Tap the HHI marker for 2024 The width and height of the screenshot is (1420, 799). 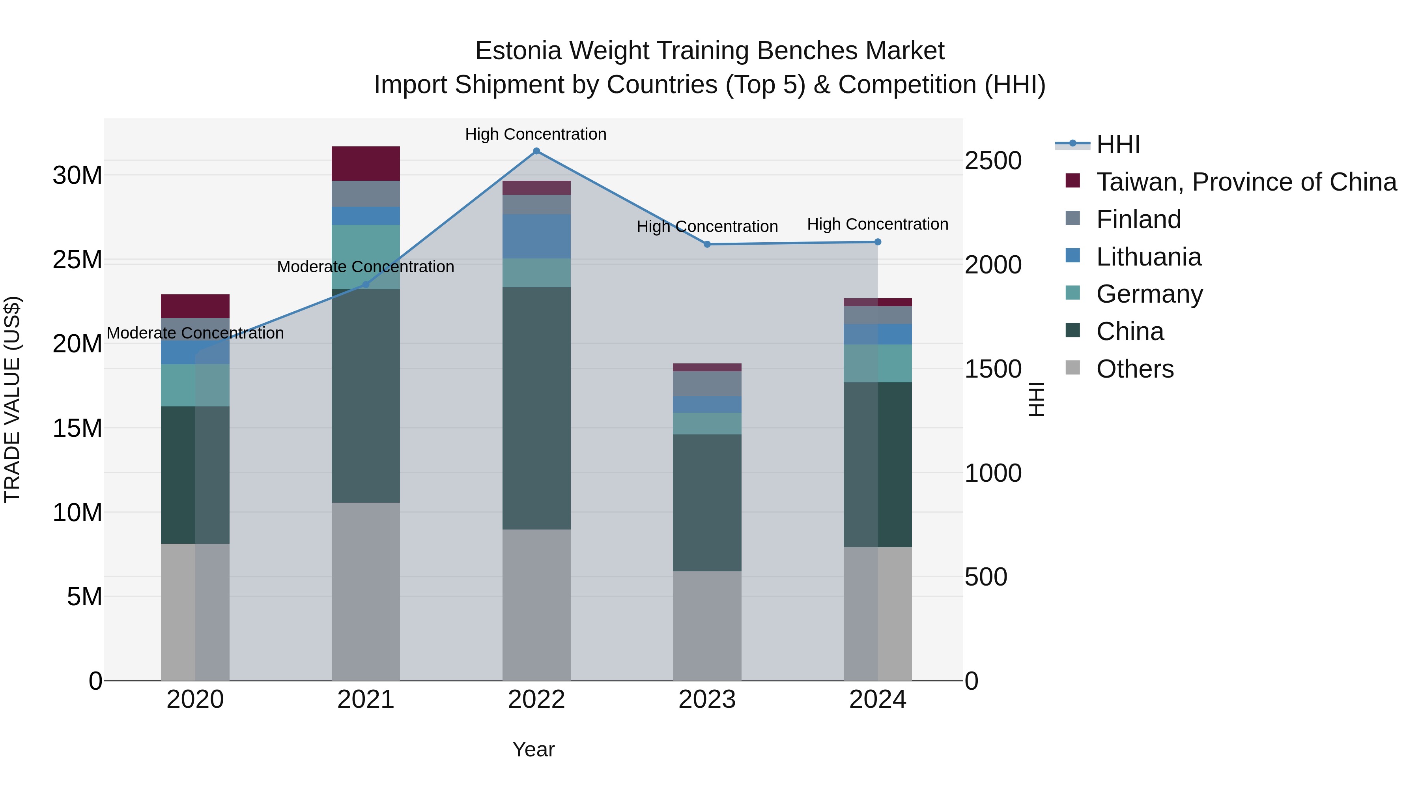(878, 242)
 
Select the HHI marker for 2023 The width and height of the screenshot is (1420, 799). (707, 244)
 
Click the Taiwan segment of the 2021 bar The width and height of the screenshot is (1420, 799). (366, 164)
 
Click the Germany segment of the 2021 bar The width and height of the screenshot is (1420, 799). (366, 257)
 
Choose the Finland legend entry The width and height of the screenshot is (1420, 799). (1138, 219)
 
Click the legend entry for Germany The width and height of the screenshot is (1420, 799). (1149, 294)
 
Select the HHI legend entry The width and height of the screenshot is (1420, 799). (1118, 144)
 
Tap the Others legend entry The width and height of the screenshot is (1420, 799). (1134, 369)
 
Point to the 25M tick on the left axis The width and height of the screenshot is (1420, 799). (77, 260)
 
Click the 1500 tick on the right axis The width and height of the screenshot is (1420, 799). (993, 369)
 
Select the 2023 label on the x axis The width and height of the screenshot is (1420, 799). (707, 700)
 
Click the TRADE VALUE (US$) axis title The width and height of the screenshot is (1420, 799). (12, 399)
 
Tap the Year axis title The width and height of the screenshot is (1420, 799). (533, 749)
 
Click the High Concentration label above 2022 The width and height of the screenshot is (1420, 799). (535, 134)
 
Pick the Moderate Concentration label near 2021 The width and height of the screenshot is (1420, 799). (366, 267)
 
